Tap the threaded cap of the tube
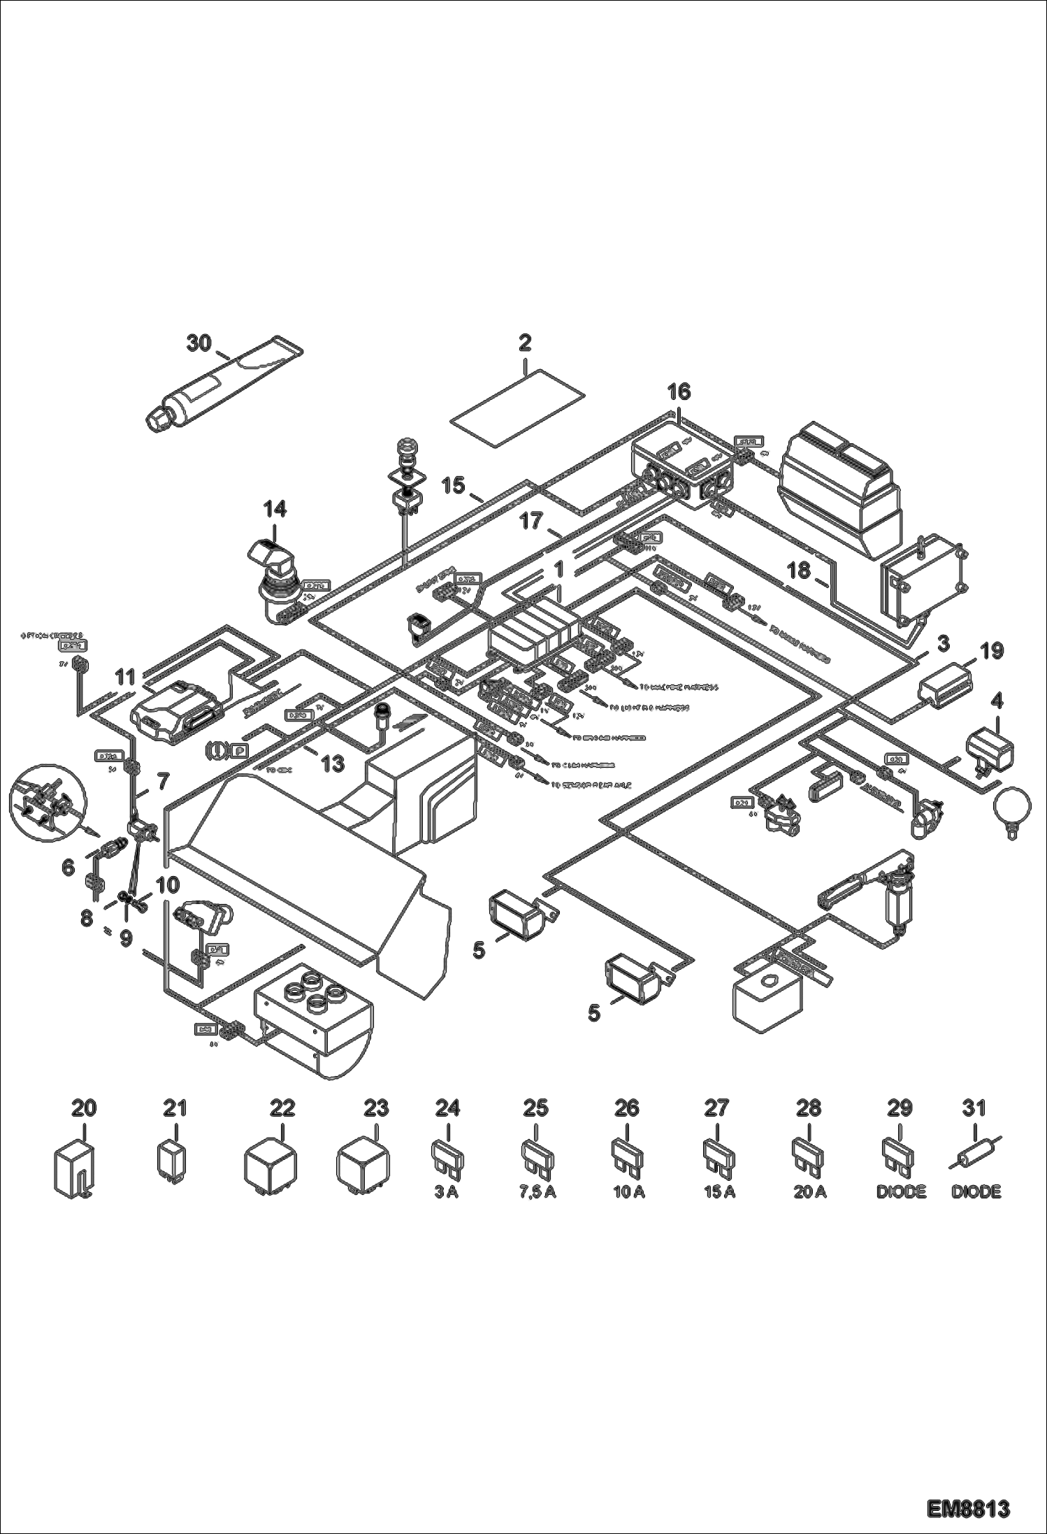click(160, 420)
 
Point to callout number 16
click(679, 392)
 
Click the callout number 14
click(275, 508)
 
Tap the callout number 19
click(991, 651)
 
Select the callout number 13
click(333, 764)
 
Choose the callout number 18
click(798, 571)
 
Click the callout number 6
click(68, 868)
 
